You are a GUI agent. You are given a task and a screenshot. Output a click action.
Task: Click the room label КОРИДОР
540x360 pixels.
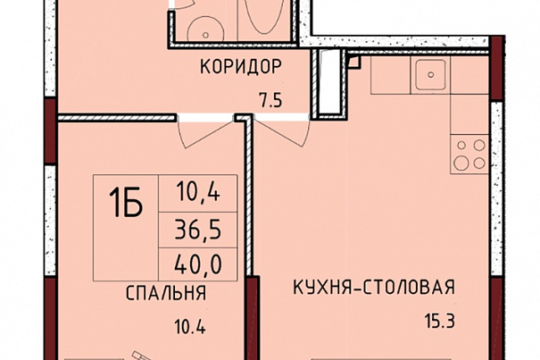(x=240, y=67)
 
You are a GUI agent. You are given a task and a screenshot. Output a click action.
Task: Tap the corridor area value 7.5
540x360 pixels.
(x=270, y=101)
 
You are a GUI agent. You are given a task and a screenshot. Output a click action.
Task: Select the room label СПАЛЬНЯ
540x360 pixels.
(x=166, y=293)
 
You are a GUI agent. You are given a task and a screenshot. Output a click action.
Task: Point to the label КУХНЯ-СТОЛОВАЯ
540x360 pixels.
(x=374, y=288)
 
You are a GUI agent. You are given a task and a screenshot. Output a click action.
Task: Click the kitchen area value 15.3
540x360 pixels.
(x=440, y=322)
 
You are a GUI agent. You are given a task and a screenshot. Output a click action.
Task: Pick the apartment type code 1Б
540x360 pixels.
(x=126, y=204)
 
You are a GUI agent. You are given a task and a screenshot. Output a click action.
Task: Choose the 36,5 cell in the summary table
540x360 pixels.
(x=197, y=230)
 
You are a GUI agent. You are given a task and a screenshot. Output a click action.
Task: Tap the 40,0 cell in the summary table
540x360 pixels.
(x=197, y=264)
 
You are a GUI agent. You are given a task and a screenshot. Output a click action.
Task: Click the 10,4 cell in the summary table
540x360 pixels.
(x=197, y=192)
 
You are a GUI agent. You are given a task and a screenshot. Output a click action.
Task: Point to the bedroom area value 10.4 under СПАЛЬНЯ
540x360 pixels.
(x=190, y=327)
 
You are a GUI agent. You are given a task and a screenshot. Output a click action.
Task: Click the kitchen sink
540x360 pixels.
(x=430, y=74)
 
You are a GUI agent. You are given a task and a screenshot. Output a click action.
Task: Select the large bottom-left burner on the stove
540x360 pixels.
(x=461, y=163)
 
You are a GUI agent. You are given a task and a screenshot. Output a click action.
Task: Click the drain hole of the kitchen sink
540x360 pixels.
(x=430, y=74)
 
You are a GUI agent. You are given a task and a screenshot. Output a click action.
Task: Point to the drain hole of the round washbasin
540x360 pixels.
(x=205, y=35)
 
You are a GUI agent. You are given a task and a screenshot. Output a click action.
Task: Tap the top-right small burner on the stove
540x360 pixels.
(x=479, y=145)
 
